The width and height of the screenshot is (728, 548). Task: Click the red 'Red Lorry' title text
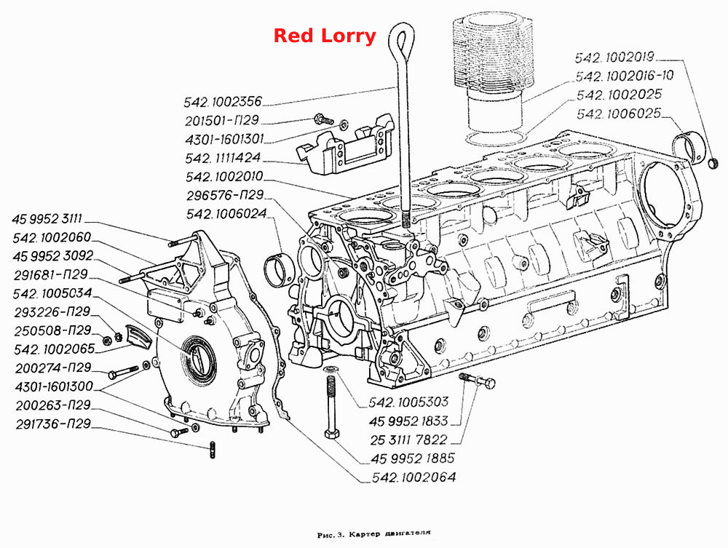pyautogui.click(x=325, y=36)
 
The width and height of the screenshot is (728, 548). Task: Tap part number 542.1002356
pyautogui.click(x=223, y=102)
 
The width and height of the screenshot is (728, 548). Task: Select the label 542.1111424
pyautogui.click(x=223, y=158)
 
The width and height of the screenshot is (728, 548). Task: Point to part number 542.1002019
pyautogui.click(x=614, y=57)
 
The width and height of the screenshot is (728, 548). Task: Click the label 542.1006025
pyautogui.click(x=618, y=114)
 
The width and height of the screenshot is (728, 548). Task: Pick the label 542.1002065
pyautogui.click(x=55, y=349)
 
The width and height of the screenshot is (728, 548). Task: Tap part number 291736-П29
pyautogui.click(x=53, y=424)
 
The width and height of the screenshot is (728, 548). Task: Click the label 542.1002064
pyautogui.click(x=414, y=477)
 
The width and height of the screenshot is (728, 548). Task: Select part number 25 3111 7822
pyautogui.click(x=408, y=440)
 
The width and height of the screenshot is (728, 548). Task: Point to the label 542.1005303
pyautogui.click(x=408, y=402)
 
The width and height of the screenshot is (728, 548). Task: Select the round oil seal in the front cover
pyautogui.click(x=199, y=354)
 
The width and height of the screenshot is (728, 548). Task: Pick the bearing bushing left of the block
pyautogui.click(x=277, y=271)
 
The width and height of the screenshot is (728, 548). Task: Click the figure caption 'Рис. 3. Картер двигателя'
pyautogui.click(x=373, y=534)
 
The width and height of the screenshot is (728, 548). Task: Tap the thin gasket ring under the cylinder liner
pyautogui.click(x=496, y=138)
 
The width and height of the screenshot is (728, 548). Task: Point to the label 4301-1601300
pyautogui.click(x=54, y=386)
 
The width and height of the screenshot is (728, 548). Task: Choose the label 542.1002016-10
pyautogui.click(x=625, y=76)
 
